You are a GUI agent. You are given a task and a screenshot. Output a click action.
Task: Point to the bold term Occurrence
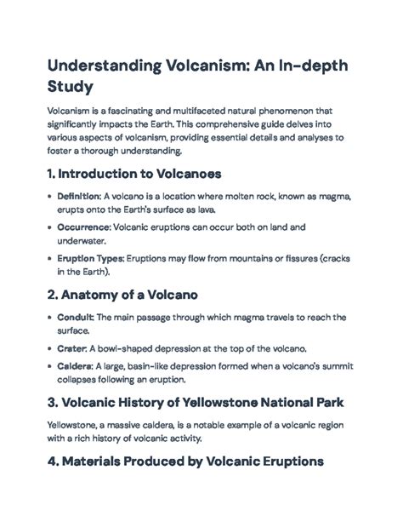point(82,227)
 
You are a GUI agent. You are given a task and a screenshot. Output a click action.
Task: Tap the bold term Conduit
point(75,317)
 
